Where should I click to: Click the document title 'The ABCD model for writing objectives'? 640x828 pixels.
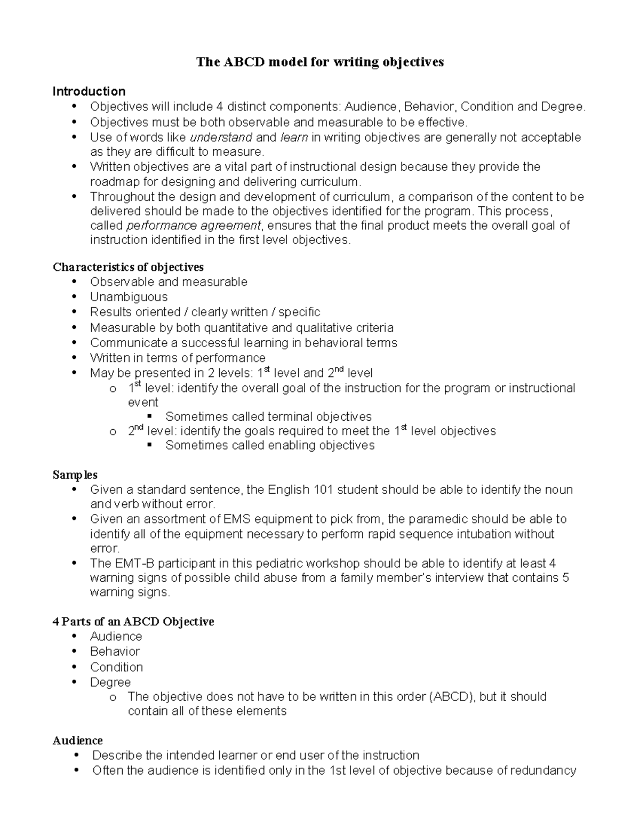[319, 62]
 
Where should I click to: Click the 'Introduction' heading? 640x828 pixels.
[89, 91]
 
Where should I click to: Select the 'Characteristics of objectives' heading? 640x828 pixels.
[128, 267]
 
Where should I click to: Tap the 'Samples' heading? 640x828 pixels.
[75, 475]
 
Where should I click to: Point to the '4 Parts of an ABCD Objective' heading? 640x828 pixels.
[133, 622]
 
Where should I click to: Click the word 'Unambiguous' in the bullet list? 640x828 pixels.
[129, 297]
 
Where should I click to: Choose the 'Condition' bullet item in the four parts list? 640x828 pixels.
[116, 667]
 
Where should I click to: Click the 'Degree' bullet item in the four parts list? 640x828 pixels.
[110, 682]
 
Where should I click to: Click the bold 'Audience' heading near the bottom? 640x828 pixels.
[77, 741]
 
